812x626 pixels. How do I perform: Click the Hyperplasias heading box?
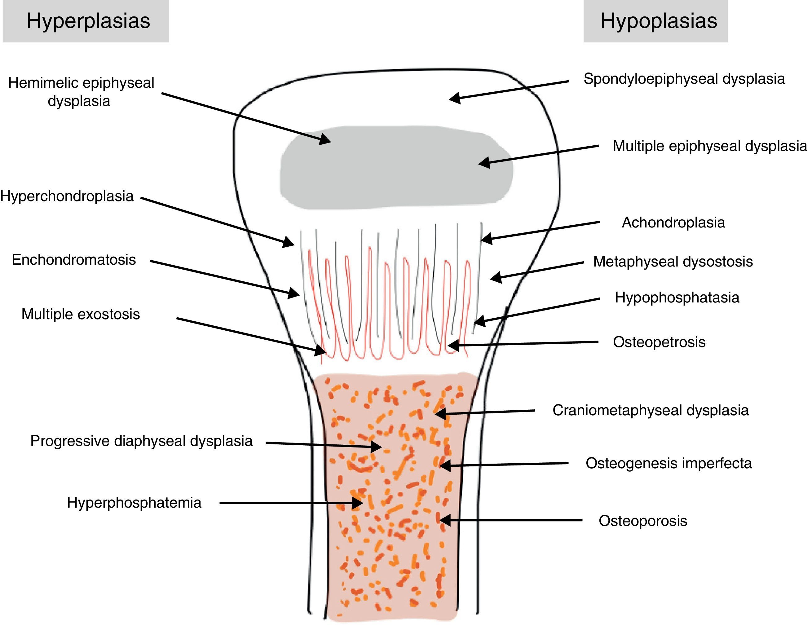(x=86, y=21)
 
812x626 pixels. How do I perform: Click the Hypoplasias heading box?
(x=655, y=21)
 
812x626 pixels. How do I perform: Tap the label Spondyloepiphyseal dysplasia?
(x=684, y=79)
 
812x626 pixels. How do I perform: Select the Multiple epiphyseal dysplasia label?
(x=709, y=146)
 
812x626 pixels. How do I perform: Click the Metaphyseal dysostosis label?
(x=673, y=261)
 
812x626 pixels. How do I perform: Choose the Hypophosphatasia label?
(x=677, y=298)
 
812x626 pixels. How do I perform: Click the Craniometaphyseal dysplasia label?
(x=650, y=410)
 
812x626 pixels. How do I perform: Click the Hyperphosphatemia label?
(x=134, y=503)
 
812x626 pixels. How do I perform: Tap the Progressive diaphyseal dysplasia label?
(x=141, y=441)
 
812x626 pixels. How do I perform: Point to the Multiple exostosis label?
(x=81, y=314)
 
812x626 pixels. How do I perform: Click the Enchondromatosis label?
(x=74, y=259)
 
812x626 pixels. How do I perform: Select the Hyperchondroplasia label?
(x=67, y=196)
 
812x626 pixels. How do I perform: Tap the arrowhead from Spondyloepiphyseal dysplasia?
(x=453, y=99)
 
